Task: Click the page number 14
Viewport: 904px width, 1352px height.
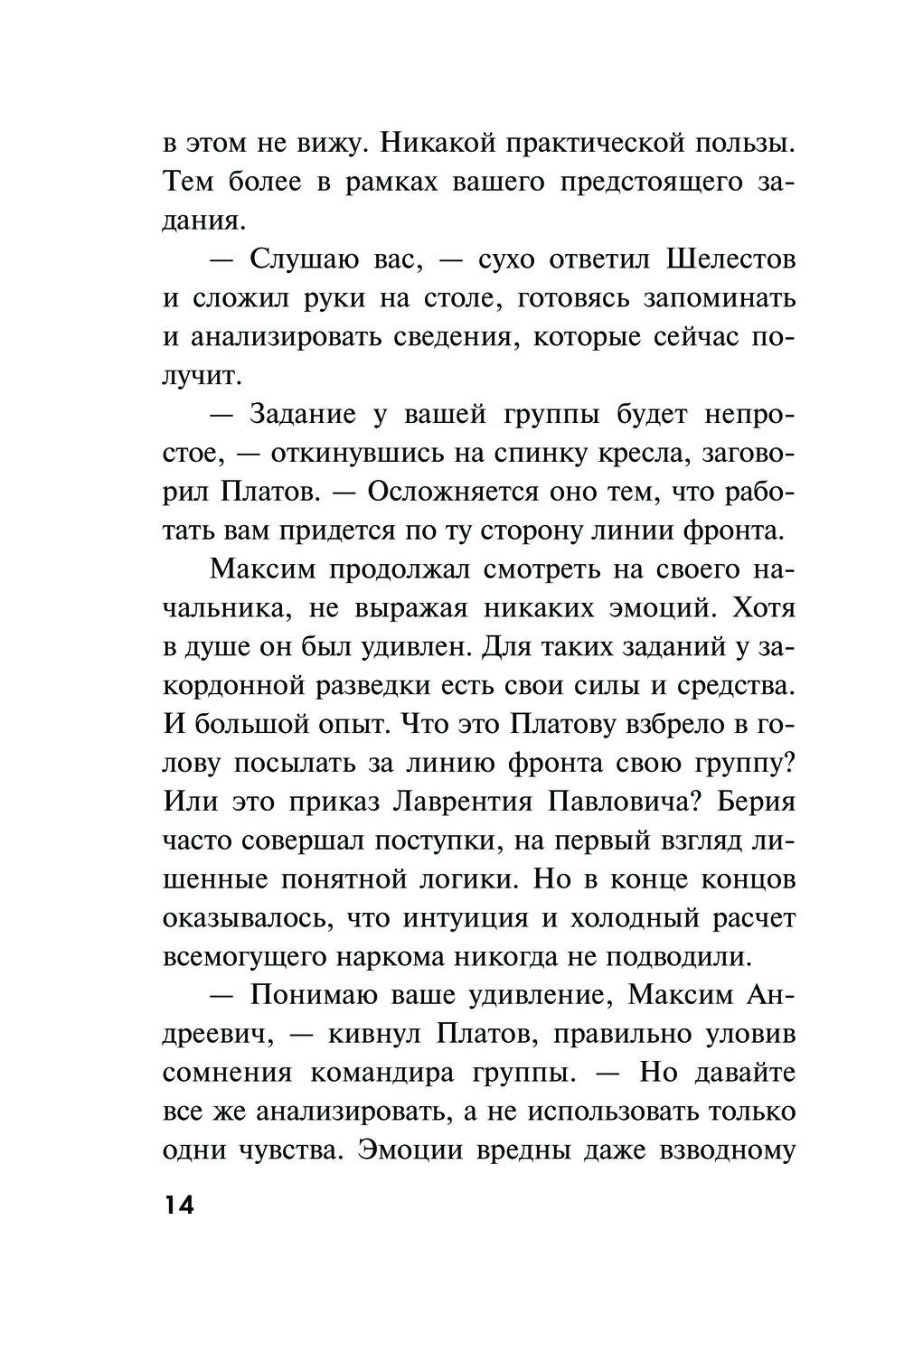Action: tap(180, 1206)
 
